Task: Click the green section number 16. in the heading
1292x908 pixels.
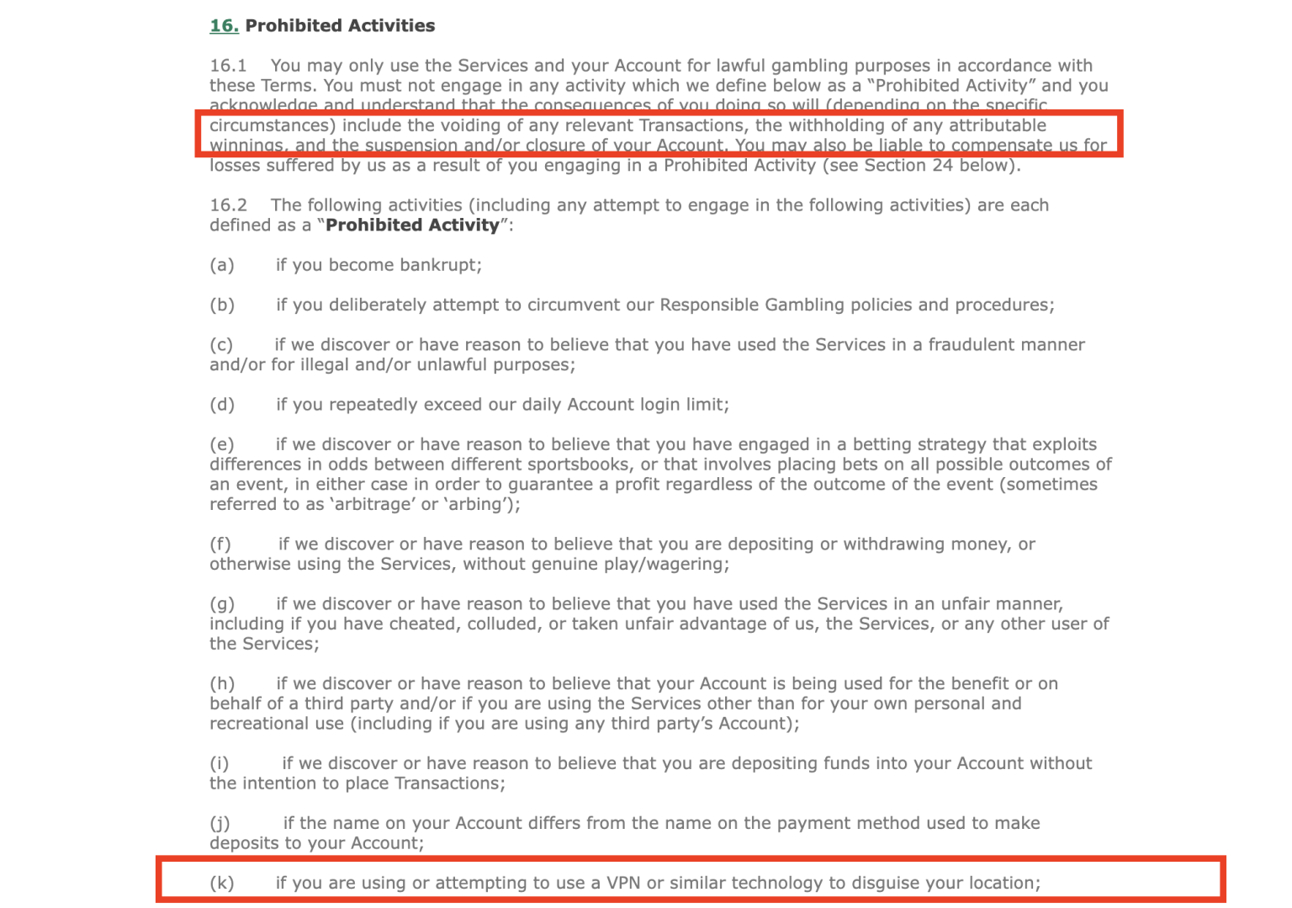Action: (224, 26)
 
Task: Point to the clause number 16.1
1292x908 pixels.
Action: (228, 66)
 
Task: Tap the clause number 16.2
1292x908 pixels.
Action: (228, 205)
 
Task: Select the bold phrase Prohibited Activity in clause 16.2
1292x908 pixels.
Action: (412, 226)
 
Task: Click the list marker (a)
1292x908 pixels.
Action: (222, 265)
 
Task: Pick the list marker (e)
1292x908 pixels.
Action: (222, 444)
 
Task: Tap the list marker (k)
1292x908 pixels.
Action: (222, 883)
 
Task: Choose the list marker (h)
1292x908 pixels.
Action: (222, 683)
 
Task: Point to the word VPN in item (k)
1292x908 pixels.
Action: (623, 883)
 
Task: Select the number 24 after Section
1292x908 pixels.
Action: (942, 166)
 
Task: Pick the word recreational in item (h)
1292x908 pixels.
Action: (277, 724)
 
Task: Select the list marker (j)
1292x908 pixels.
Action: (220, 823)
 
